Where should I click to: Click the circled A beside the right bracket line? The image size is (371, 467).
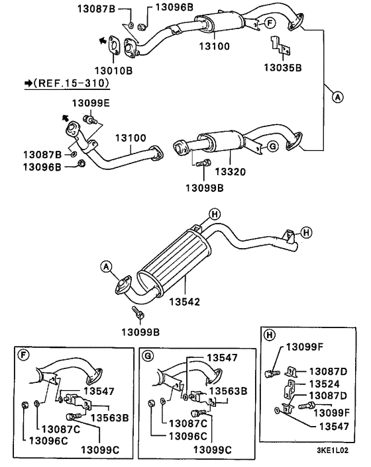click(337, 97)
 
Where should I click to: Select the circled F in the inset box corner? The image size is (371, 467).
click(24, 355)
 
